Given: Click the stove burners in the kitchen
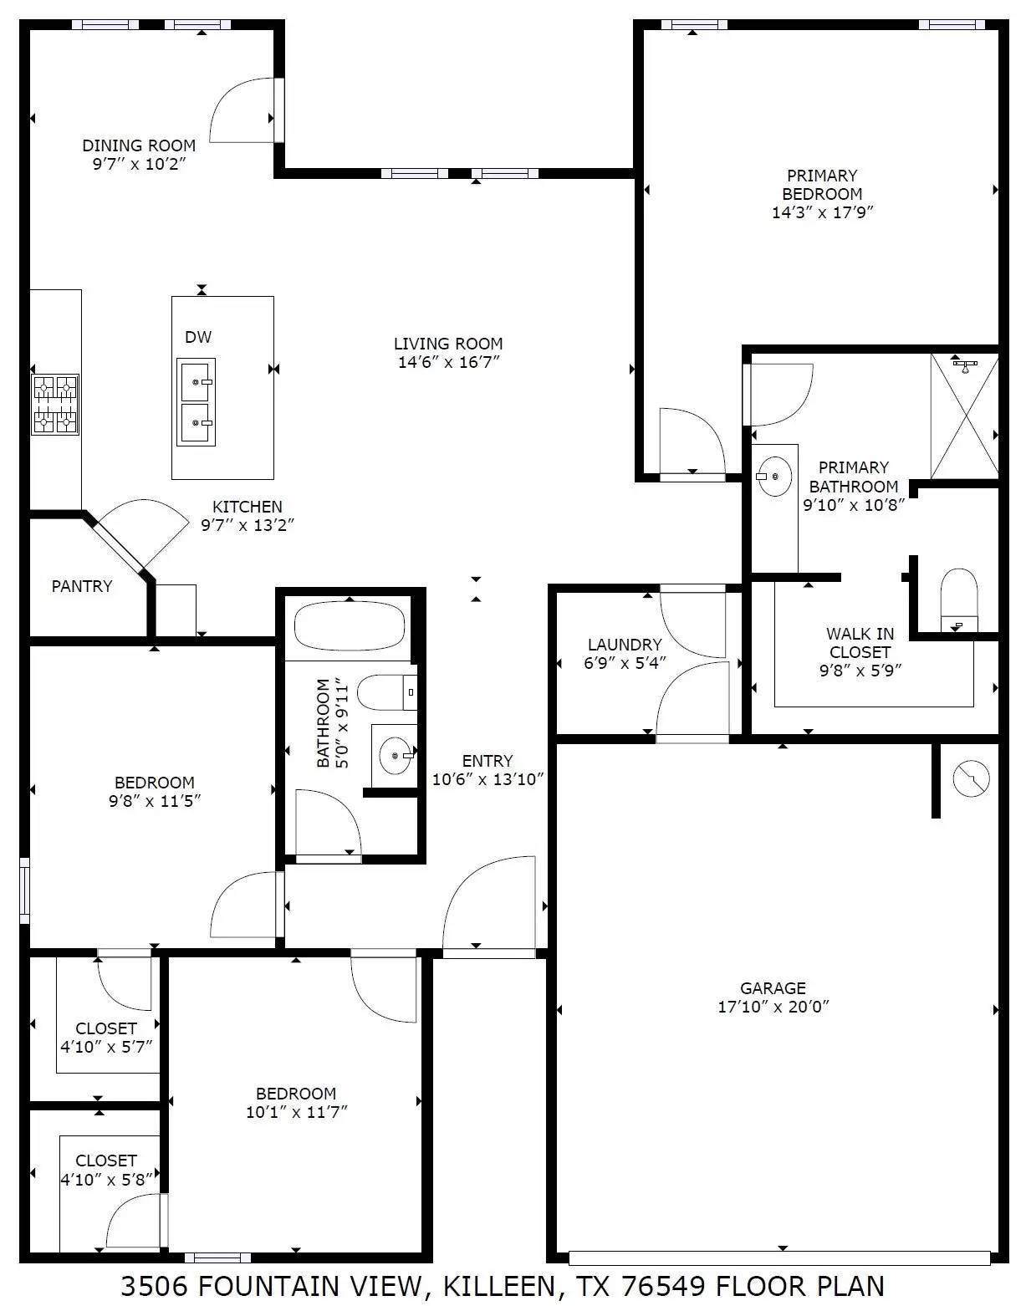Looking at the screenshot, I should point(55,405).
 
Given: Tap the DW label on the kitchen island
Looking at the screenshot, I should point(198,337).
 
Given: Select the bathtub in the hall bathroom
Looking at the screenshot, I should point(350,626).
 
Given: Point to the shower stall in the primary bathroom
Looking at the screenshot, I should point(964,416).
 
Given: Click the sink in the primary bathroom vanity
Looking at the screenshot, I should point(774,477).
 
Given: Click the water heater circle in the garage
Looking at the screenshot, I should point(971,778).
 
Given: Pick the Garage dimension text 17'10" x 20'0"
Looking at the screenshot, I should point(773,1008).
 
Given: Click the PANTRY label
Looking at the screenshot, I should point(82,586).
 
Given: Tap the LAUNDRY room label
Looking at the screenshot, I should point(625,645).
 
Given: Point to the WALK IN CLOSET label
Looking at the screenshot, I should point(860,643).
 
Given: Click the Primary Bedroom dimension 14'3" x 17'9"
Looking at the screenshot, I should point(822,212).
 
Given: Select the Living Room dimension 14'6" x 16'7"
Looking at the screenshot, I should point(448,362).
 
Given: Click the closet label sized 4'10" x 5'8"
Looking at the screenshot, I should point(106,1180).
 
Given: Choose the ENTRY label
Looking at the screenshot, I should point(487,761).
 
